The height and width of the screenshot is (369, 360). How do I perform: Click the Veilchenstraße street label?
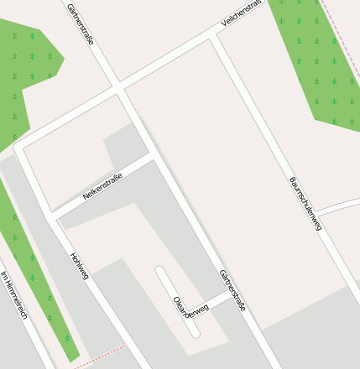coord(241,14)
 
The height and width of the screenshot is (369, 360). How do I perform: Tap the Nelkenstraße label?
coord(102,186)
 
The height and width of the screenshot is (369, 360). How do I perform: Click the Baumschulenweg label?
coord(305,203)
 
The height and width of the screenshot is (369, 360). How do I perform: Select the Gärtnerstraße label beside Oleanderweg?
coord(232,290)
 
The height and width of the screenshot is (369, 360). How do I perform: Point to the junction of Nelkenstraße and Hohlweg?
coord(52,216)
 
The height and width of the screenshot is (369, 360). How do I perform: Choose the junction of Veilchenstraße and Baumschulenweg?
coord(215,37)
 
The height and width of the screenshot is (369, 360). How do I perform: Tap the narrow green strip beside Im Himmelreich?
coord(34,268)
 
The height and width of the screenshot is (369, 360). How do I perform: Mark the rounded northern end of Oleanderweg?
coord(160,271)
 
